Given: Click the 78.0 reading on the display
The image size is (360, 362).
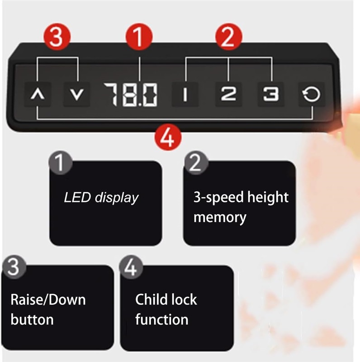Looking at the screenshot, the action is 131,95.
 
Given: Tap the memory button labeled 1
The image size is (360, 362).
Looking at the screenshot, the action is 185,95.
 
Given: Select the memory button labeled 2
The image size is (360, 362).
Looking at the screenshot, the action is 228,95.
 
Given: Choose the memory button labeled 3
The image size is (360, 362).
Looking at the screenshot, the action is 271,95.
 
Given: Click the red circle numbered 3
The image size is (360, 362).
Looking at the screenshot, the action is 57,37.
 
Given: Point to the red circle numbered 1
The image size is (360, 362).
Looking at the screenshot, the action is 139,37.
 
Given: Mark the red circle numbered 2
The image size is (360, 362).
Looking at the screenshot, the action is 228,37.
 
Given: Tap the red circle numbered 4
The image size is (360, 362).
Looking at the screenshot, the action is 168,138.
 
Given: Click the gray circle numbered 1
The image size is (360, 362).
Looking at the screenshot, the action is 61,162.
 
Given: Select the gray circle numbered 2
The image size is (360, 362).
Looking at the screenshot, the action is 196,162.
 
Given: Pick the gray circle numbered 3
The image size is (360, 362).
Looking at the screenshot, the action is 14,267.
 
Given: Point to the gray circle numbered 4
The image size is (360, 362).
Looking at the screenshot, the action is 131,267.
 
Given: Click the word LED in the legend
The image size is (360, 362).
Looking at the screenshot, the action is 77,198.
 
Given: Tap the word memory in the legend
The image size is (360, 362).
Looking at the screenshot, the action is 220,218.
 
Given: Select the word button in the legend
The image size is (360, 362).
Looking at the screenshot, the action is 32,320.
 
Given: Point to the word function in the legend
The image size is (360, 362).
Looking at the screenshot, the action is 162,320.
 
